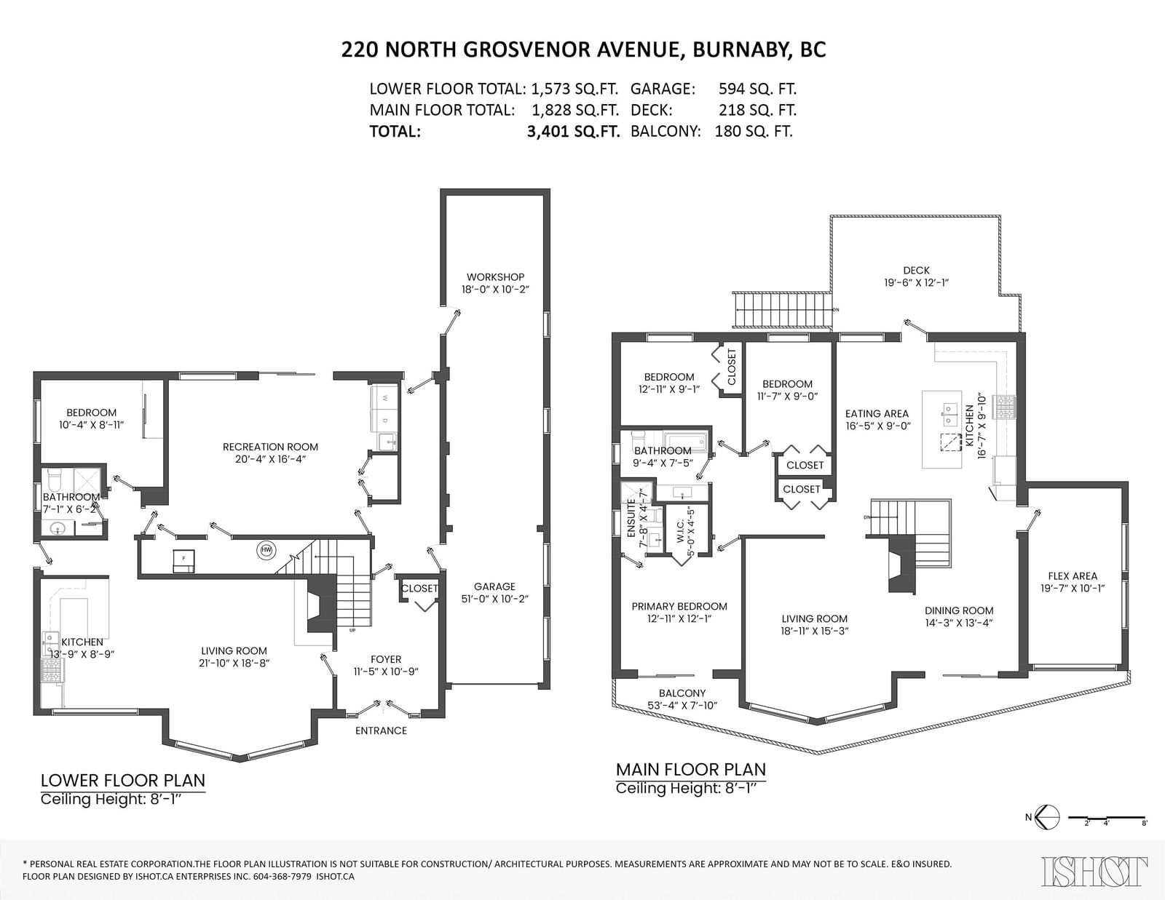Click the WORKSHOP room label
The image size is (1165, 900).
[495, 277]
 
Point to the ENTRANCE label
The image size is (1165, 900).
[382, 730]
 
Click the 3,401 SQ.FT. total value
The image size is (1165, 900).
[573, 131]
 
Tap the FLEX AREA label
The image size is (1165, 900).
[1073, 576]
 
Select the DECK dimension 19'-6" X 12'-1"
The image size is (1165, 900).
[916, 283]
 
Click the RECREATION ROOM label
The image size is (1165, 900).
[270, 447]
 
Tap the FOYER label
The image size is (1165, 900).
[386, 659]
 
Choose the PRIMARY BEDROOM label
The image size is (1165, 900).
[679, 607]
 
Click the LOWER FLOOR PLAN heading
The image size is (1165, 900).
[123, 781]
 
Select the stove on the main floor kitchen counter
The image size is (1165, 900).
[1004, 407]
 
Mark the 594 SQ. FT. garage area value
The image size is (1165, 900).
[757, 88]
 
